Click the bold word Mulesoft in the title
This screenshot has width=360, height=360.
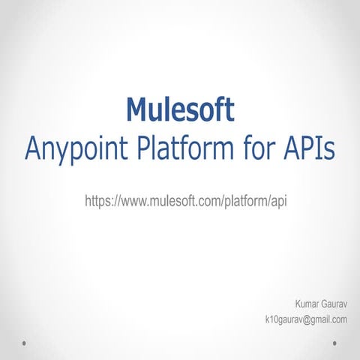click(180, 109)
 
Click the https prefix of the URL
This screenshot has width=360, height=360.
click(99, 201)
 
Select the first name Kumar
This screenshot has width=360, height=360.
click(309, 304)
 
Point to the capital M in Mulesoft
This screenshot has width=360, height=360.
click(137, 109)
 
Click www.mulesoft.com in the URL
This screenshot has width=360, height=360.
click(169, 201)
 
